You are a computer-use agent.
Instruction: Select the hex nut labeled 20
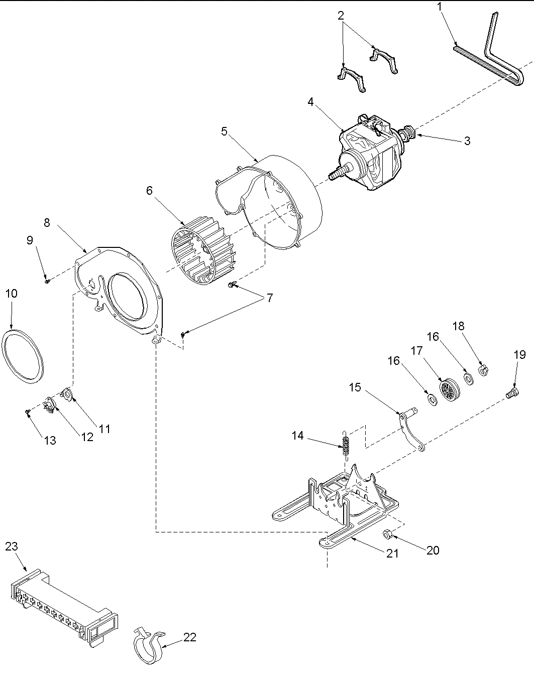point(388,533)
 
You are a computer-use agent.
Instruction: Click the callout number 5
point(224,131)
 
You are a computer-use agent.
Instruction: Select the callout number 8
point(47,222)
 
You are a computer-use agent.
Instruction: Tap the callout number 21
point(392,553)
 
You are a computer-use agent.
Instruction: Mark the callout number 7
point(270,298)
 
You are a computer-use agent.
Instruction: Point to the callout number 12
point(87,437)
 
